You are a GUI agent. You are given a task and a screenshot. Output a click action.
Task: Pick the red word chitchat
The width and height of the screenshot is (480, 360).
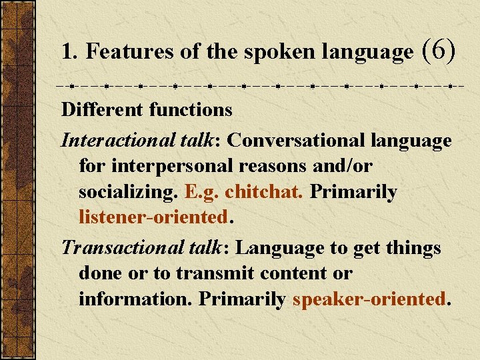[x=264, y=192]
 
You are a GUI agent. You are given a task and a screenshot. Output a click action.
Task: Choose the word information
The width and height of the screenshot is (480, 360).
[x=135, y=299]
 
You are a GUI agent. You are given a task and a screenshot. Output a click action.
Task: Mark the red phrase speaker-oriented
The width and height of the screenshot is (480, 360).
[x=369, y=299]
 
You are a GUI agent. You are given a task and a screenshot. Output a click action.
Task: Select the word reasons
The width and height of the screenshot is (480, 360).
[x=268, y=167]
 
